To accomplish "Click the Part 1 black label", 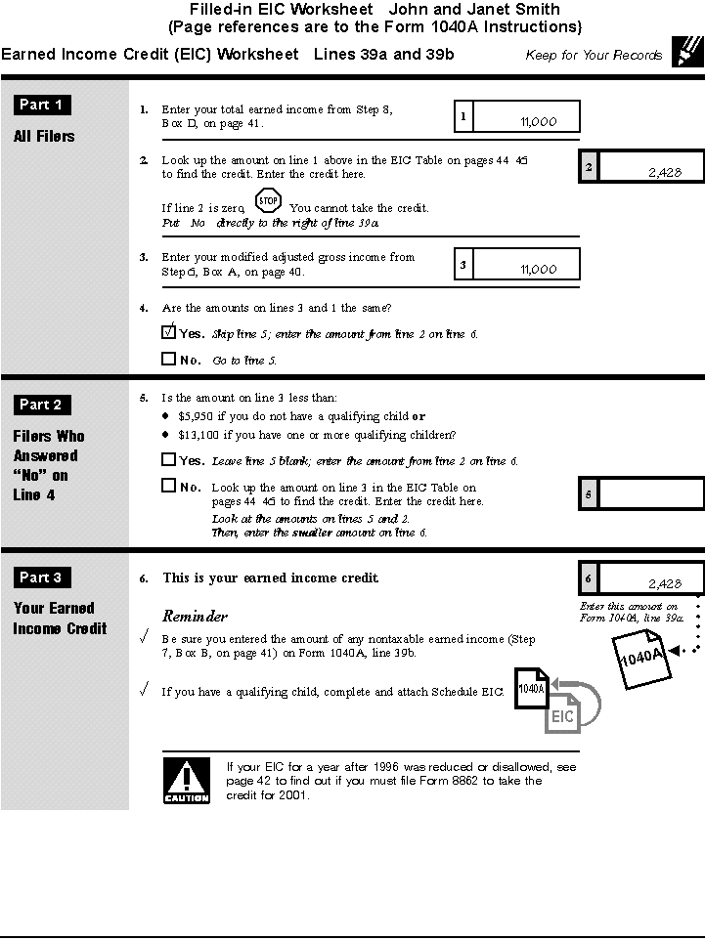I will pos(42,106).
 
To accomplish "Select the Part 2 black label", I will pos(42,405).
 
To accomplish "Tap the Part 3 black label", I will pos(42,577).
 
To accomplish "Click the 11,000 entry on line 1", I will pos(539,122).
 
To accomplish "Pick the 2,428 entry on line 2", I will pos(664,173).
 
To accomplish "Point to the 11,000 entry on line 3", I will pos(539,270).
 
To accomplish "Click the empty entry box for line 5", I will pos(650,495).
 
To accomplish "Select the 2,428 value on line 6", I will pos(664,584).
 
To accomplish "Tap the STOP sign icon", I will pos(268,202).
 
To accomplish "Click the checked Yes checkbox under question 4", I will pos(169,332).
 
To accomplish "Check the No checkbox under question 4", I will pos(169,359).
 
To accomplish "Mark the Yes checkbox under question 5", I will pos(169,459).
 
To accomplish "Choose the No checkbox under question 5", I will pos(169,486).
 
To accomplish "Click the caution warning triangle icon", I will pos(186,780).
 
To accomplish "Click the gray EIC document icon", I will pos(563,713).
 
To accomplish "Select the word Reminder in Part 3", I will pos(195,617).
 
